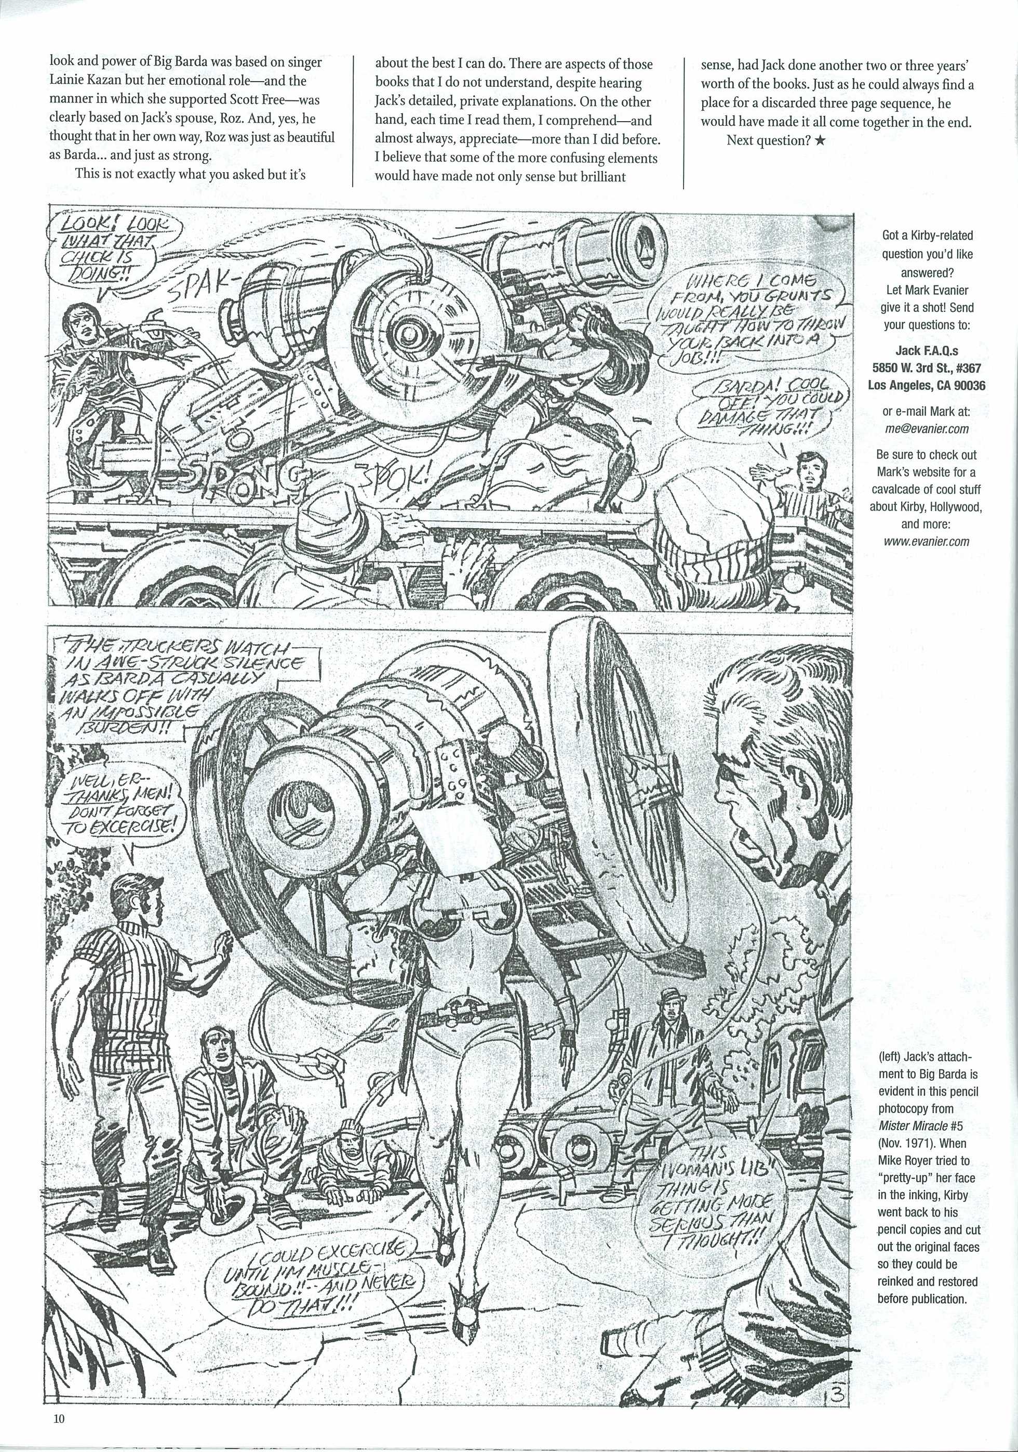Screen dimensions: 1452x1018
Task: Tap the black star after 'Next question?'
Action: (x=820, y=141)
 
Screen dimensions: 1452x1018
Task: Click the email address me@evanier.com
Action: (x=926, y=429)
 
